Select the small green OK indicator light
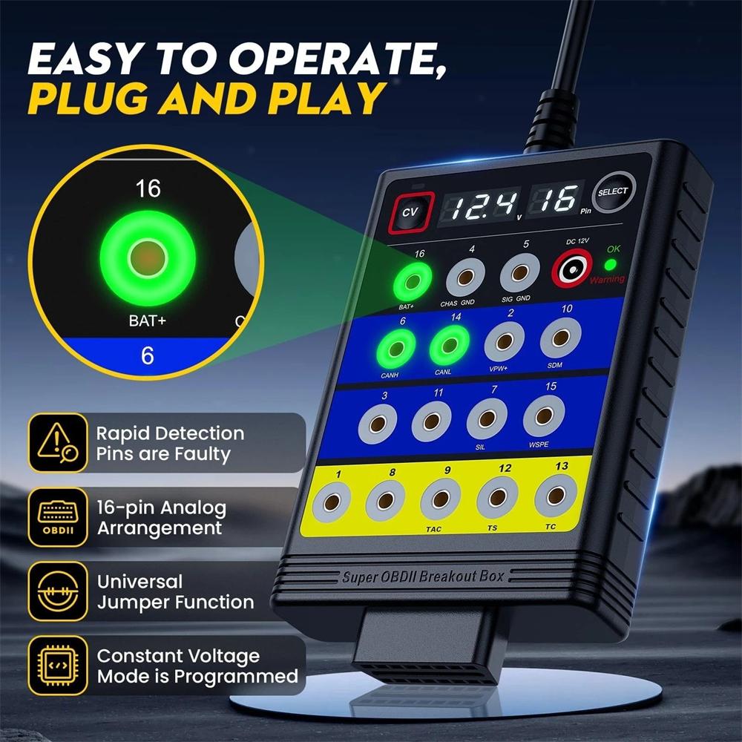pyautogui.click(x=610, y=264)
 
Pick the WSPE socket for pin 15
pyautogui.click(x=544, y=420)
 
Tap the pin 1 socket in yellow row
pyautogui.click(x=332, y=504)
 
